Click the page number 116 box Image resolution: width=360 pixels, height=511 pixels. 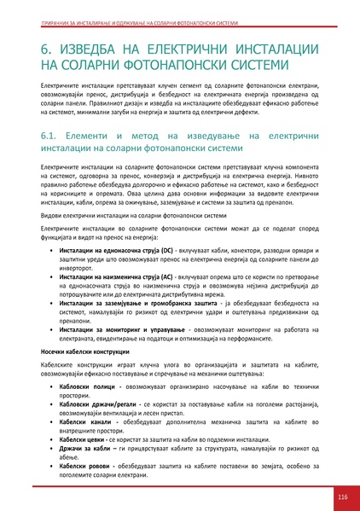click(x=341, y=496)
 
